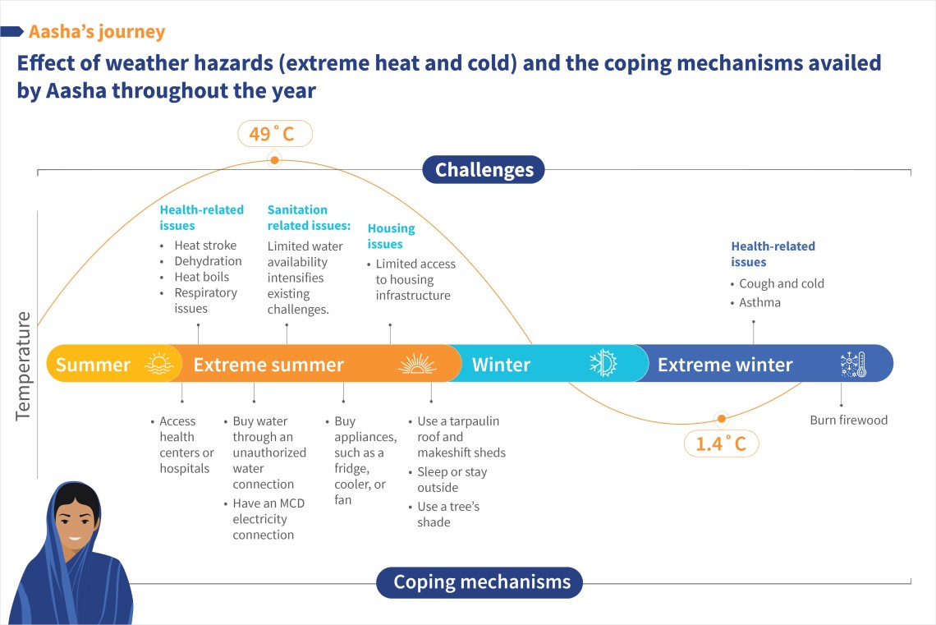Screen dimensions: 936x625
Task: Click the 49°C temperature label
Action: coord(274,134)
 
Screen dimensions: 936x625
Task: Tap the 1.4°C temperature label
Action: coord(721,443)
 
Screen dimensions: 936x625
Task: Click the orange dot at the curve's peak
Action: coord(274,160)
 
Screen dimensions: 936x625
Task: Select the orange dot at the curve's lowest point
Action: coord(722,419)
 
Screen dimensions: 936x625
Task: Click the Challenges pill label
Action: coord(484,169)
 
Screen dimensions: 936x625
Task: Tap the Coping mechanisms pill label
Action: coord(479,582)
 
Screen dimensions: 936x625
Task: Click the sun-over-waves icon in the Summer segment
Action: coord(158,363)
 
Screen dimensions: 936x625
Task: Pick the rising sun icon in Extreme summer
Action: coord(417,364)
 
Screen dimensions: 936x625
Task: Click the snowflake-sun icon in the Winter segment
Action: coord(603,363)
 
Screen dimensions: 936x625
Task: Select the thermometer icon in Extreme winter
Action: coord(853,364)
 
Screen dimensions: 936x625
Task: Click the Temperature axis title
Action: coord(23,365)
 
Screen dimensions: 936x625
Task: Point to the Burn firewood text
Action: coord(848,420)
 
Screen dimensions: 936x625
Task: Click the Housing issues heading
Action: coord(391,236)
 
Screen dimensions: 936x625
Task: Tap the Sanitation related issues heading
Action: coord(309,218)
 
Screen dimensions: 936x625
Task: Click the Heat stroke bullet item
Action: coord(204,246)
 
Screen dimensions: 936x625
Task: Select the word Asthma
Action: coord(759,302)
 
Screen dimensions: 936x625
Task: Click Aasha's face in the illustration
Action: coord(76,523)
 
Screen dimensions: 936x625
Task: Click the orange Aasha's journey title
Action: coord(97,32)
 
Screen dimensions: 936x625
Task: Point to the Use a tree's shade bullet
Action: coord(447,514)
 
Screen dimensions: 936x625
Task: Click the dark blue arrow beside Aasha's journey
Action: coord(12,32)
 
